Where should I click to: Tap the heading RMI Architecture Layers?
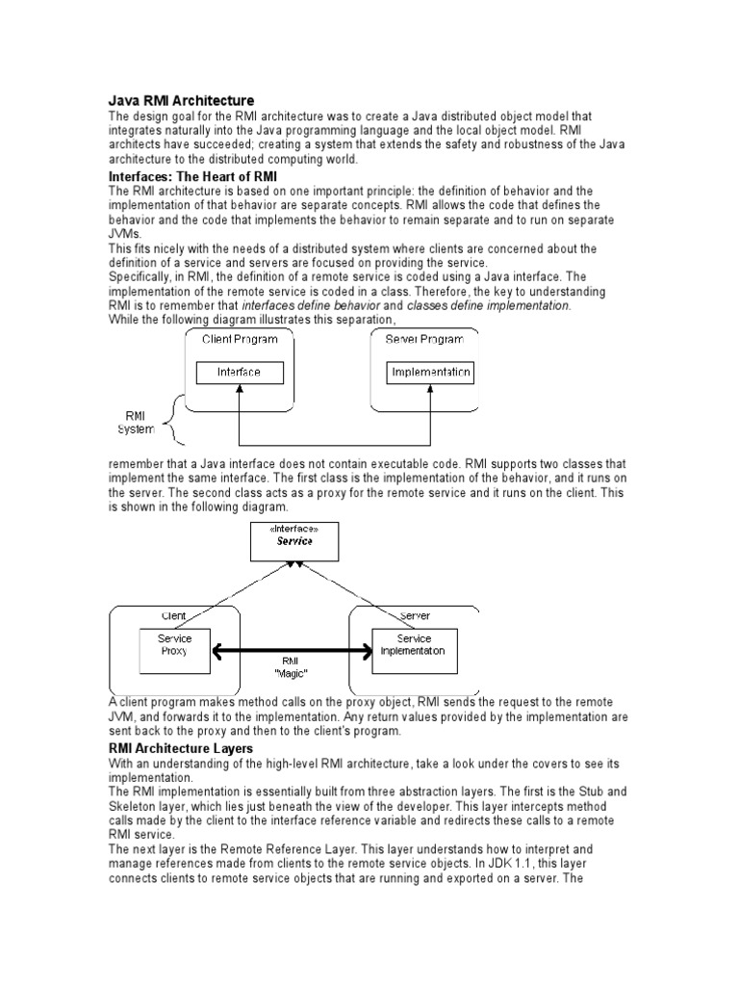point(181,748)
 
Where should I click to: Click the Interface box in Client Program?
point(239,372)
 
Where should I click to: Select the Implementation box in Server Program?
point(430,372)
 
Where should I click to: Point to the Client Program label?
point(240,340)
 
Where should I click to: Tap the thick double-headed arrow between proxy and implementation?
point(293,653)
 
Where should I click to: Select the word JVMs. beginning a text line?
point(126,233)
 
